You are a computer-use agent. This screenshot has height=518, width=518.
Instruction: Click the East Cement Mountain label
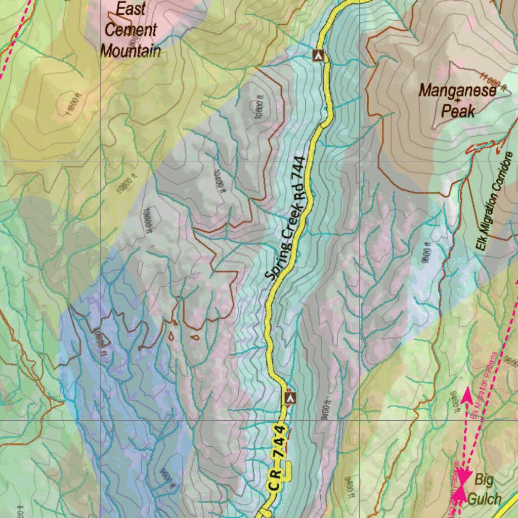131,30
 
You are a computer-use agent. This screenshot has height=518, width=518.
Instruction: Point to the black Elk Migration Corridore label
495,202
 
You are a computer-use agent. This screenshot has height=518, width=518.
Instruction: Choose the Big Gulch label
484,489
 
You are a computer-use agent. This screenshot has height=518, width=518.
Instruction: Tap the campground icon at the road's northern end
318,55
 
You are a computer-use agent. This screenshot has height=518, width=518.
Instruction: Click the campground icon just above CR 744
289,398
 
